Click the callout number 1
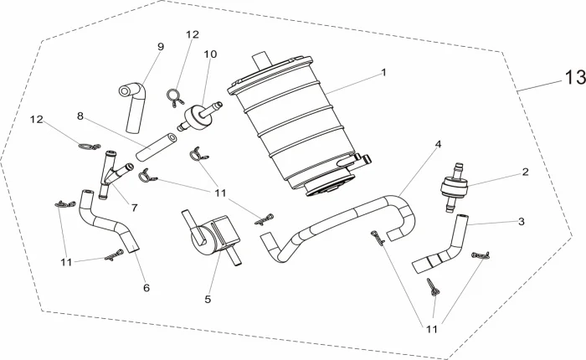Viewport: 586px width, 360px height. click(383, 73)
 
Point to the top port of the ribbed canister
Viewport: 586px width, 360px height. click(260, 56)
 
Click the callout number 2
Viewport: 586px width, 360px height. click(525, 173)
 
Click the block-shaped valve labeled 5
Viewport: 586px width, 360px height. click(213, 234)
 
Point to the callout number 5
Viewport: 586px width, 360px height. click(208, 298)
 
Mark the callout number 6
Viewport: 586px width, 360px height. click(146, 288)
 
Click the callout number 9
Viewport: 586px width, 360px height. click(160, 48)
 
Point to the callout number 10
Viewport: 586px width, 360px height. click(209, 54)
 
